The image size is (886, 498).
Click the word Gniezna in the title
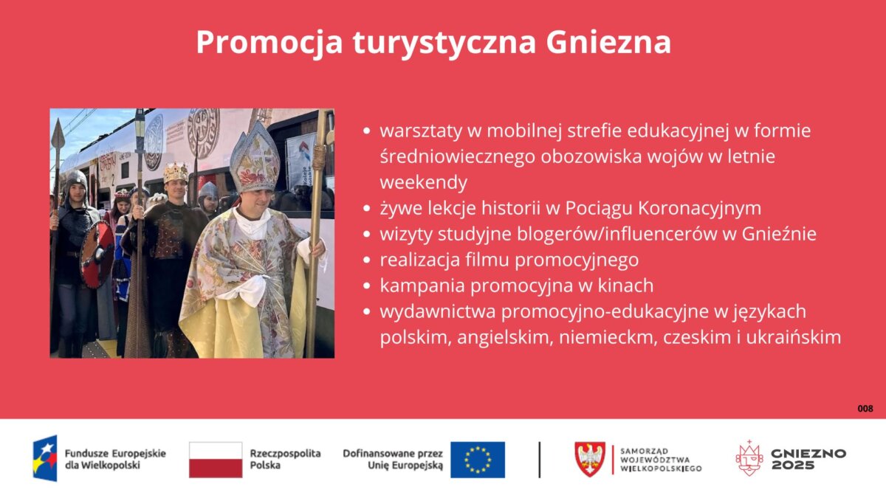608,42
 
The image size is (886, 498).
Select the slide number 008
865,409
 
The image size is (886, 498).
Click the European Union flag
478,460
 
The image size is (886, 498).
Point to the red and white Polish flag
216,460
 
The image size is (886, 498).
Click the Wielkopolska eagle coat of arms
590,459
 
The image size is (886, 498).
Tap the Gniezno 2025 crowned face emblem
749,458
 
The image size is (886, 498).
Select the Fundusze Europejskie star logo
45,458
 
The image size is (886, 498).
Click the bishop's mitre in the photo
255,158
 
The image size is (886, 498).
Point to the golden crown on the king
176,173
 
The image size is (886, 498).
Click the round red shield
97,254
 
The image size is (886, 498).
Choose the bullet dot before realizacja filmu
367,260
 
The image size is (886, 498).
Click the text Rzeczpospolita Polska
285,459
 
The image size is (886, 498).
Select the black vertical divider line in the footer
540,460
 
